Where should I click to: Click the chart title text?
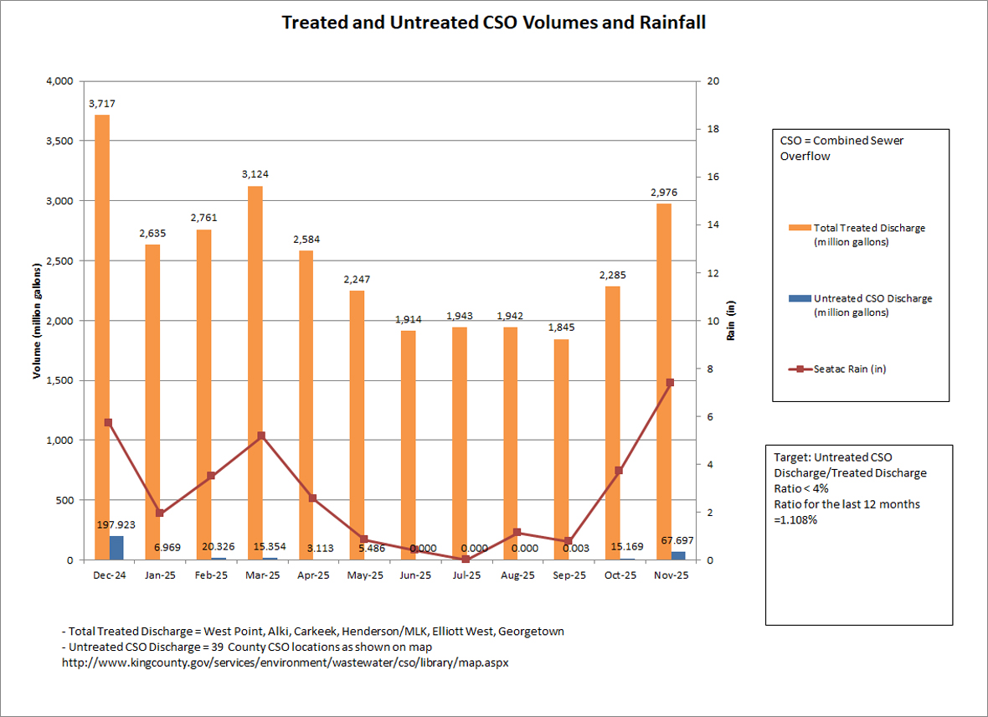[493, 23]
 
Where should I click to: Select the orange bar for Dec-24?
[101, 335]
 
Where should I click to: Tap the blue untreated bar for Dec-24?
[116, 548]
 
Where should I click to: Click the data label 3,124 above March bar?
[255, 174]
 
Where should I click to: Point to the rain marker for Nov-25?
[670, 383]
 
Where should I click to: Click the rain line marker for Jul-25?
[466, 559]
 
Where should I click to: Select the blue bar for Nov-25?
[677, 555]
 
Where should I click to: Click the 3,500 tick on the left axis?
[60, 141]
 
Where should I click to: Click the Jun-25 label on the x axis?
[414, 575]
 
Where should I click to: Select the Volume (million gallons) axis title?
[38, 321]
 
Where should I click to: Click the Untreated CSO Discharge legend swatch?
[800, 298]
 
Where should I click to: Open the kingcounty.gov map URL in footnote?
[286, 662]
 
